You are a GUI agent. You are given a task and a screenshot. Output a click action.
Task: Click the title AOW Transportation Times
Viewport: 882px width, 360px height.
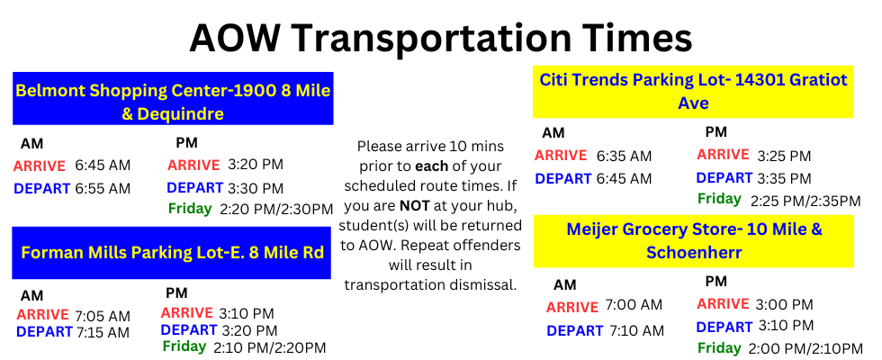tap(440, 38)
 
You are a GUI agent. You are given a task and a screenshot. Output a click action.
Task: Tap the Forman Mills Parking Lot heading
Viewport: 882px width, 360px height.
tap(173, 252)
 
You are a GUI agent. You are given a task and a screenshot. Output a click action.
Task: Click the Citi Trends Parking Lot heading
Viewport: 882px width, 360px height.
tap(692, 91)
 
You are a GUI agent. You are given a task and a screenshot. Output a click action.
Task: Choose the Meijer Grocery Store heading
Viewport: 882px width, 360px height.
tap(694, 240)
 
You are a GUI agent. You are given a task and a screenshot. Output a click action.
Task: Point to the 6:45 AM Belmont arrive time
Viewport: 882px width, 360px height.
tap(103, 166)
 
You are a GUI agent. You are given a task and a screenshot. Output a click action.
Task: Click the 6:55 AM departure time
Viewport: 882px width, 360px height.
tap(103, 188)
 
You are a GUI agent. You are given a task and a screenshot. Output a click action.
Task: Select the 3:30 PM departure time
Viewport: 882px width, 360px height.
tap(256, 188)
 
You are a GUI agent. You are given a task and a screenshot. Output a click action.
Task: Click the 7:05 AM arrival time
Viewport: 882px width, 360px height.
tap(103, 316)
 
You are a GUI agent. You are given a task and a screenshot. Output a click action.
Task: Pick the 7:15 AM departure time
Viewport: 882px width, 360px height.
tap(103, 332)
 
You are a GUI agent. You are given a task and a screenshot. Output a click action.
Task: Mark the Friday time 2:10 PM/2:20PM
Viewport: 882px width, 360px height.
tap(269, 347)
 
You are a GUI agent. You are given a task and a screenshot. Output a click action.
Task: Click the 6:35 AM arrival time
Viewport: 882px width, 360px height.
tap(624, 156)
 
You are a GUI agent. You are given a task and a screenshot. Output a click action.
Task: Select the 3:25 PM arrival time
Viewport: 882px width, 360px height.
tap(784, 156)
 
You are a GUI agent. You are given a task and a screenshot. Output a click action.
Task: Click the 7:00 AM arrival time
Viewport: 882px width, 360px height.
tap(634, 306)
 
